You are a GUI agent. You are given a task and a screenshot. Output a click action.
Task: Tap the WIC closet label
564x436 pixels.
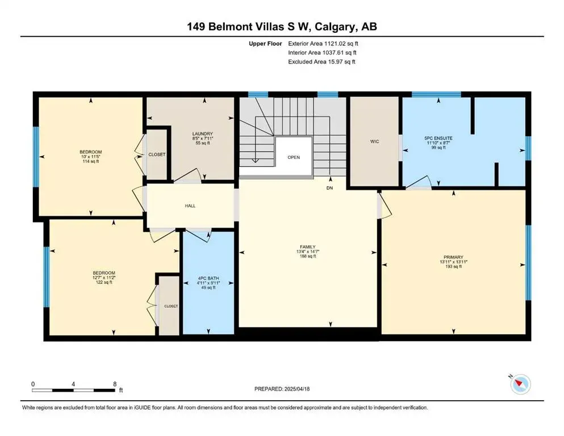(x=374, y=141)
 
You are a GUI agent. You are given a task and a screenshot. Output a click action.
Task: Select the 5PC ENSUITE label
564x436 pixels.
(x=436, y=138)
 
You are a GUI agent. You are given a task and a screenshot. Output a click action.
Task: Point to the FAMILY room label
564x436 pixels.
(x=308, y=246)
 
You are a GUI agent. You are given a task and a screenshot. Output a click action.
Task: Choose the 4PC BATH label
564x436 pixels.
(x=207, y=278)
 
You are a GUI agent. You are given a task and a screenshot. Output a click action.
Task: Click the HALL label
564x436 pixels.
(x=190, y=206)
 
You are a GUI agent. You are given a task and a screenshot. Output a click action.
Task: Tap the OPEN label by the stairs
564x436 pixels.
(x=293, y=157)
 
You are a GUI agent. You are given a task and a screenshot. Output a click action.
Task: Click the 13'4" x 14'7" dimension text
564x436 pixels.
(x=308, y=251)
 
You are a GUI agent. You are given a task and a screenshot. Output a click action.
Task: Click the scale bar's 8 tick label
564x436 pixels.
(x=115, y=384)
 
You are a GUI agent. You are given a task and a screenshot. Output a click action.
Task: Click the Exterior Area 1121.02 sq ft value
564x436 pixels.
(x=322, y=43)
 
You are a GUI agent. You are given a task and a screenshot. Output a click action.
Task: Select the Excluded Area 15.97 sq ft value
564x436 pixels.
(x=322, y=61)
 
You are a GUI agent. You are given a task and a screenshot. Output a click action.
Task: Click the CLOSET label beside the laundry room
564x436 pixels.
(x=157, y=154)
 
